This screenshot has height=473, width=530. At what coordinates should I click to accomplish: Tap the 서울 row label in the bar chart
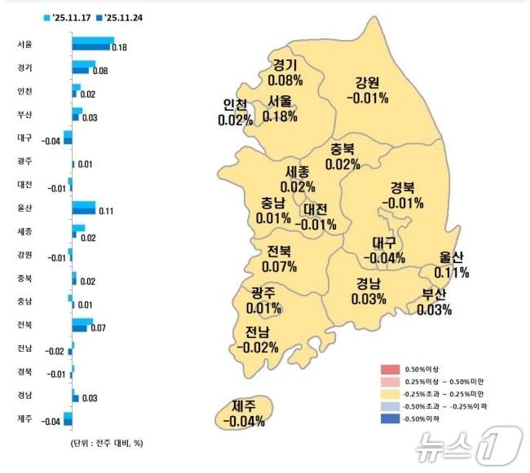coord(24,44)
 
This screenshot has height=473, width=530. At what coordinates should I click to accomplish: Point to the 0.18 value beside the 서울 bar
coord(119,49)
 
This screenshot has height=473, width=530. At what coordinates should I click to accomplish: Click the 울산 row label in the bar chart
coord(24,208)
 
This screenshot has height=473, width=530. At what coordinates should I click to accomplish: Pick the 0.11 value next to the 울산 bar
coord(105,212)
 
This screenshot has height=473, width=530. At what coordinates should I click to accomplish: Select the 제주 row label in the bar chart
coord(24,418)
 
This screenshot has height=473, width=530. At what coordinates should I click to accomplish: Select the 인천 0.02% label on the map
coord(236,113)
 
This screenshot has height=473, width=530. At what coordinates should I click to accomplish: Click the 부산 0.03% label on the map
coord(435,302)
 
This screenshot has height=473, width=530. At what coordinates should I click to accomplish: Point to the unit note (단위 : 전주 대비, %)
coord(105,444)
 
